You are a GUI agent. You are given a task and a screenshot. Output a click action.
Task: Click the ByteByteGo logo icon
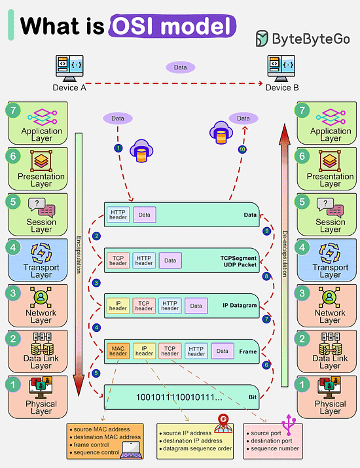point(262,39)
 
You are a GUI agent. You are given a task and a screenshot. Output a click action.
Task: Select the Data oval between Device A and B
point(180,67)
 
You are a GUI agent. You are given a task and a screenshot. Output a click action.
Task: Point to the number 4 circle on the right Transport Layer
point(302,248)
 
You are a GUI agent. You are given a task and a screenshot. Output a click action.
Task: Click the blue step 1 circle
point(118,149)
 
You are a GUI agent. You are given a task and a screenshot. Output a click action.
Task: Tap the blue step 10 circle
point(242,149)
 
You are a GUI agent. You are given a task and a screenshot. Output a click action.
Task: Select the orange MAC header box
point(117,351)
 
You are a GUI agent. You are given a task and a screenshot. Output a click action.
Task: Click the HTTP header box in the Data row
point(118,214)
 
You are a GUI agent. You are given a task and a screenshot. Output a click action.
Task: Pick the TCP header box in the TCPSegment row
point(118,260)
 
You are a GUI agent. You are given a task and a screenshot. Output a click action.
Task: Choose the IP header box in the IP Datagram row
point(118,305)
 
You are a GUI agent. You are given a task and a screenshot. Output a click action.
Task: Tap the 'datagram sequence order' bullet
point(196,449)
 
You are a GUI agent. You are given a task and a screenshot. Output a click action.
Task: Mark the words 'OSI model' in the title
point(172,26)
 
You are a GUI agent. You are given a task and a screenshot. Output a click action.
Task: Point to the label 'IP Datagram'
point(240,305)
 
